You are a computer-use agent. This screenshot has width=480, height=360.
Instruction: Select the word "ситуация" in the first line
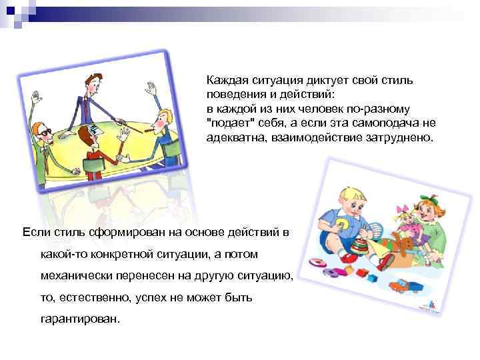coord(277,79)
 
